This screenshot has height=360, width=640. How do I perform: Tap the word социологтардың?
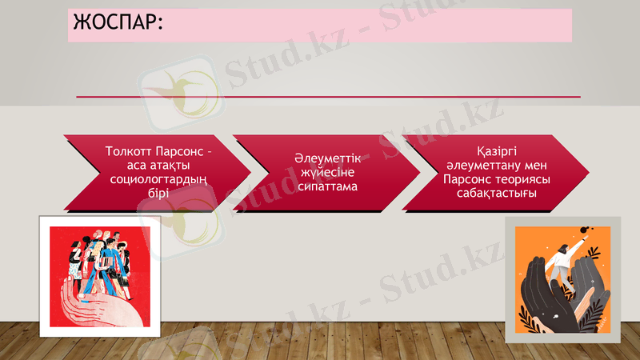point(157,179)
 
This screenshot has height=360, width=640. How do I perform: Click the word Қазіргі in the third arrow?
point(496,151)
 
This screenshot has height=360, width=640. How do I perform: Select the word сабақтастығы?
point(496,193)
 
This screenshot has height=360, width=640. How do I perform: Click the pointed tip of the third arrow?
point(587,173)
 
